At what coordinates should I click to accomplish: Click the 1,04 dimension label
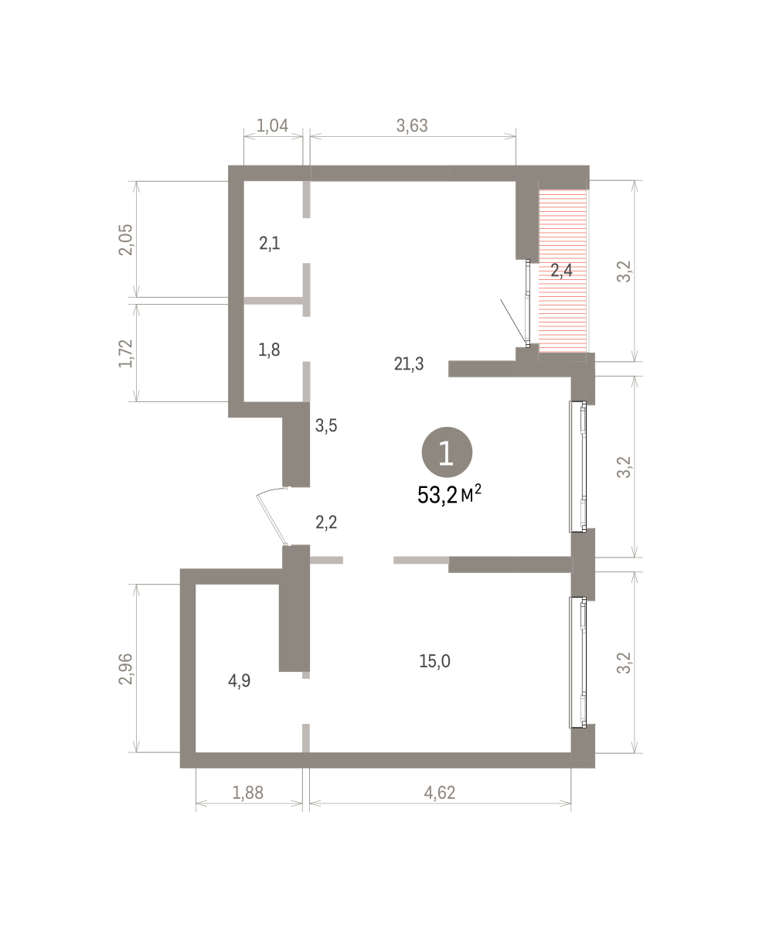[272, 126]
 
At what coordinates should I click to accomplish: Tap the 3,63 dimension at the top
[412, 126]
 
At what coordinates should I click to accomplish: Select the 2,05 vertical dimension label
[126, 240]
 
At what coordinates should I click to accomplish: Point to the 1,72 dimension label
[126, 353]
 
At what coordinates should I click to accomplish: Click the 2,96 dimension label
[126, 669]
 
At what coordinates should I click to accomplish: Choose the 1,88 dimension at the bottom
[247, 793]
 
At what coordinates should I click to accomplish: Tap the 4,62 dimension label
[439, 793]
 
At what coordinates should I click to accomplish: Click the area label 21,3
[409, 364]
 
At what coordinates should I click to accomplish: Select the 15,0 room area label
[434, 661]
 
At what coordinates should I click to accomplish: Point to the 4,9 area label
[240, 681]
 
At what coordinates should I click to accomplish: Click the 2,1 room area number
[269, 244]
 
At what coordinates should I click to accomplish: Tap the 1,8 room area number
[269, 350]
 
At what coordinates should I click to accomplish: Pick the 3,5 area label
[326, 426]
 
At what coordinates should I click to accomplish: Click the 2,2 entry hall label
[326, 523]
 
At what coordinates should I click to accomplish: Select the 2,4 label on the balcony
[562, 271]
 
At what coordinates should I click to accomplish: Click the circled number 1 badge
[447, 452]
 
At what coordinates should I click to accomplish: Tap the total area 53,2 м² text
[449, 495]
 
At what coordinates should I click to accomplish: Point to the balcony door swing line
[513, 321]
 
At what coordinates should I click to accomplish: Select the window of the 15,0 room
[578, 662]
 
